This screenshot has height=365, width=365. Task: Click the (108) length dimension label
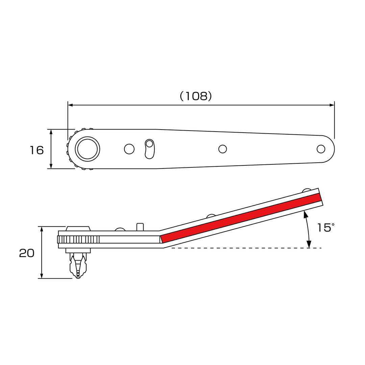[x=196, y=96]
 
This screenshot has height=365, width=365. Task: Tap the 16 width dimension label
[x=36, y=150]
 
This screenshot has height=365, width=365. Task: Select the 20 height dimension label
[x=27, y=253]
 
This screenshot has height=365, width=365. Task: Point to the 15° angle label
[x=325, y=228]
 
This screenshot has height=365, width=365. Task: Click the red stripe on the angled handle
[x=241, y=218]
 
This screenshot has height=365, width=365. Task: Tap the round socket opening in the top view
[x=87, y=149]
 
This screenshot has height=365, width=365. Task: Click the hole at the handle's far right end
[x=321, y=149]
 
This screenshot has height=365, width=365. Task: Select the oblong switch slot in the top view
[x=150, y=149]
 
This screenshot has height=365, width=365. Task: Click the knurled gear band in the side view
[x=78, y=239]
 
